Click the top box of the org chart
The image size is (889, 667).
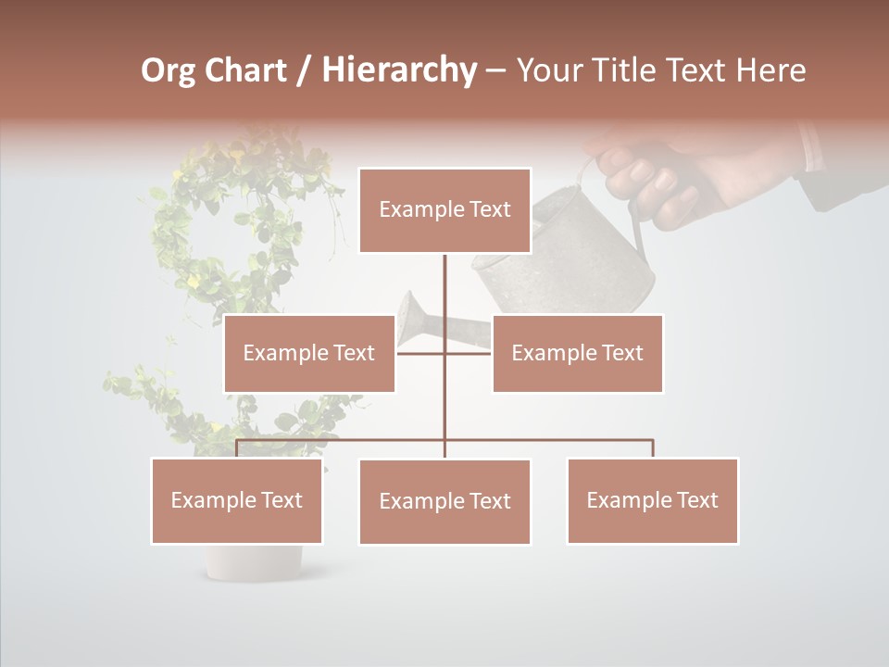point(444,210)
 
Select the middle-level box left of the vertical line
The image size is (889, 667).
point(309,353)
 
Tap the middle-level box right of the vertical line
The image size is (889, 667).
point(577,353)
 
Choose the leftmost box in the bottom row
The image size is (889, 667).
point(237,500)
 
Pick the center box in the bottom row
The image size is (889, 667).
point(444,501)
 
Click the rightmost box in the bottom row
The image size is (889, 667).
point(652,500)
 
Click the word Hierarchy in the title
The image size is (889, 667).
point(399,70)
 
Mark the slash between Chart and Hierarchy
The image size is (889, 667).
point(303,70)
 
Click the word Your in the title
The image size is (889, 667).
point(548,70)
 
